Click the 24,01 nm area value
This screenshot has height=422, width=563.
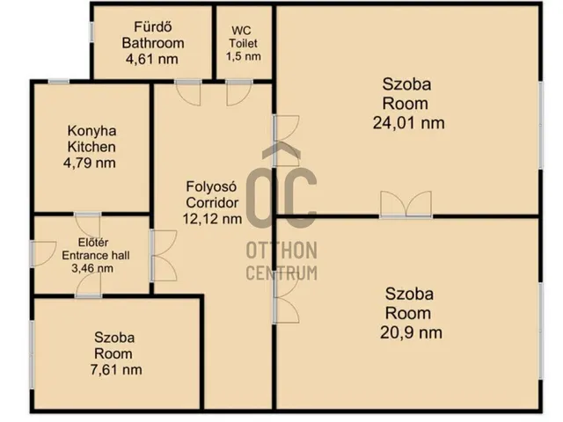408,123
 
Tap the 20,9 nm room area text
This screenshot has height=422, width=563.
411,332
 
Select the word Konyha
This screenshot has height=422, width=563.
91,131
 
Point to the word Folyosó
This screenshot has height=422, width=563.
211,186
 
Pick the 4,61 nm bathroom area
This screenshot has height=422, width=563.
152,59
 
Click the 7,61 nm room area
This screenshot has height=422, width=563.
116,369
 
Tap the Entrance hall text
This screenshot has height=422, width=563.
96,256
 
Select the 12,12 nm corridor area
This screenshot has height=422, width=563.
212,219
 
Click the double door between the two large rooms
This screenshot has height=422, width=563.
406,205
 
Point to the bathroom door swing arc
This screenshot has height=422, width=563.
188,93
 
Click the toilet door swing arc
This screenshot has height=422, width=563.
239,93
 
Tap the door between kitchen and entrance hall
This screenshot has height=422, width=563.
88,225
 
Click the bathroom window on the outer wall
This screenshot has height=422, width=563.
91,32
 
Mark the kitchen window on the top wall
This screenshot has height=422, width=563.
59,82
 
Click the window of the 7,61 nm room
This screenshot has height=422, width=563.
32,354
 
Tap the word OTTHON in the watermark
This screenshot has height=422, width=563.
281,251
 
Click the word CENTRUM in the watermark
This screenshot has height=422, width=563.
281,273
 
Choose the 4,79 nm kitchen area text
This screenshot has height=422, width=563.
90,163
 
